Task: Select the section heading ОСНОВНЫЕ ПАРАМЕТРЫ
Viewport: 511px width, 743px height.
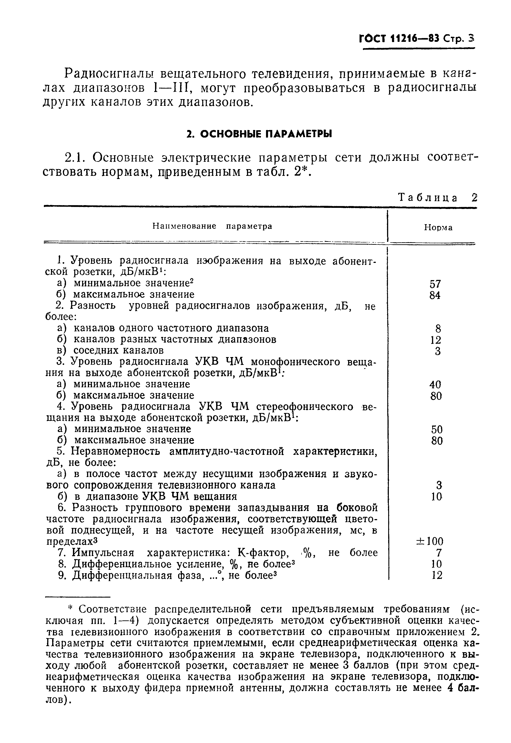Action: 259,134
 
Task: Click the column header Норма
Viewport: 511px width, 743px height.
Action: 438,228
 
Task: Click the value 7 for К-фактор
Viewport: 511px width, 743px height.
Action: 439,553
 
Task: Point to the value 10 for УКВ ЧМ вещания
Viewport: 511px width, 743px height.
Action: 437,497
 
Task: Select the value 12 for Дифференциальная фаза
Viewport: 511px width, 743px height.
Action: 437,575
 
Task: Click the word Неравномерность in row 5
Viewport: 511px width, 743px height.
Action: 116,452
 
